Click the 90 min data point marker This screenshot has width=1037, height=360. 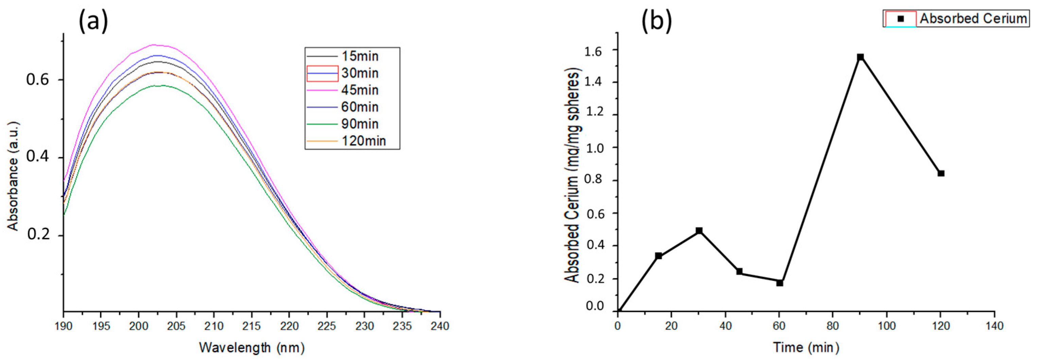[x=860, y=57]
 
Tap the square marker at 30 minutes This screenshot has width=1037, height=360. [x=699, y=231]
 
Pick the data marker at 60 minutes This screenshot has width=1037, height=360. [x=780, y=283]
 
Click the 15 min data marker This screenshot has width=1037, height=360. [x=659, y=256]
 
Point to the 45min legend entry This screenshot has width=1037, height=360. [x=359, y=90]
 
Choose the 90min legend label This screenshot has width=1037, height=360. [x=359, y=124]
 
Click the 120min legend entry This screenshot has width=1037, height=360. [x=363, y=141]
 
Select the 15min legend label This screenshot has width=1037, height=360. [x=359, y=56]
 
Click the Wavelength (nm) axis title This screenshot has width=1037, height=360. [x=252, y=347]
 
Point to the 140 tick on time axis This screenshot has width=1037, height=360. [x=994, y=325]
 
